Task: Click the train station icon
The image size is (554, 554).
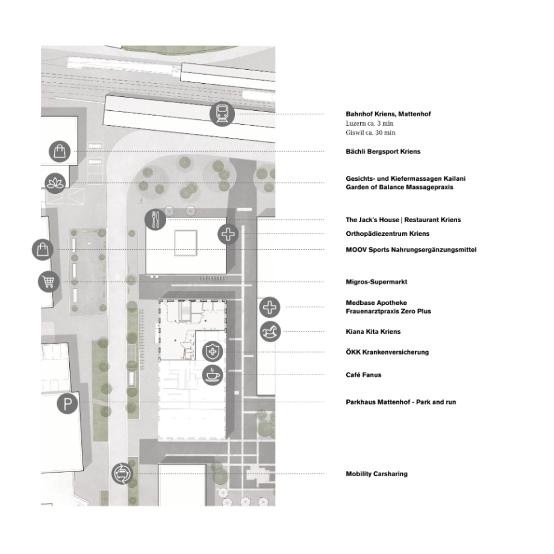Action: coord(222,113)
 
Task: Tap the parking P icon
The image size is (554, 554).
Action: coord(67,403)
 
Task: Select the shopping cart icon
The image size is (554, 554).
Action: coord(48,282)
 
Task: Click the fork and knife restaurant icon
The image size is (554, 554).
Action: coord(155,219)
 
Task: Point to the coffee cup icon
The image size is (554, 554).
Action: coord(213,375)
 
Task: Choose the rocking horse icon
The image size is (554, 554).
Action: coord(270,331)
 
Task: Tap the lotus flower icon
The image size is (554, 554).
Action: coord(55,183)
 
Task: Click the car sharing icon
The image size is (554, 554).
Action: coord(122,474)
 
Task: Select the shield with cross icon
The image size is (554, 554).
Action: coord(213,352)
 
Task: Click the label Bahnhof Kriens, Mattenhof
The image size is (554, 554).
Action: coord(388,114)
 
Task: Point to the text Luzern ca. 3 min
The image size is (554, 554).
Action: coord(370,123)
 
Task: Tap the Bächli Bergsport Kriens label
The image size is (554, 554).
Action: coord(383,152)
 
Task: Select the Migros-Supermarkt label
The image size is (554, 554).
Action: coord(376,282)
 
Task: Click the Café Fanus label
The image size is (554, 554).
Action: coord(364,375)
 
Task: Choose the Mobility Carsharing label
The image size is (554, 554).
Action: coord(376,474)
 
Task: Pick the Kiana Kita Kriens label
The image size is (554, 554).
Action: coord(373,332)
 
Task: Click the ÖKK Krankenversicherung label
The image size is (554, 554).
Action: coord(387,352)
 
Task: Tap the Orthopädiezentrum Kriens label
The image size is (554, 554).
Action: coord(388,234)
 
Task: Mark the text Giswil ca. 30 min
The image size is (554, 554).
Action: coord(370,132)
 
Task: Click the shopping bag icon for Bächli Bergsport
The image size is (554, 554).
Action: coord(60,152)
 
